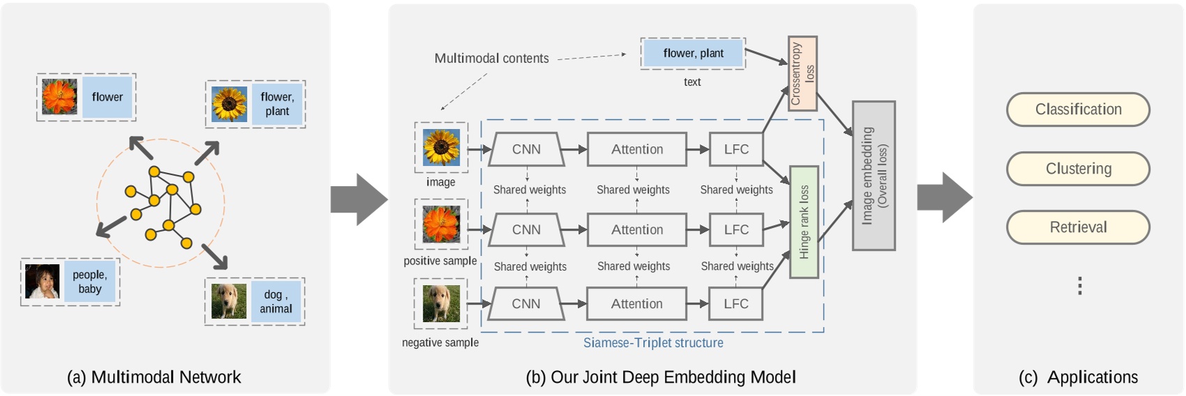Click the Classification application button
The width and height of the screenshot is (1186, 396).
coord(1078,109)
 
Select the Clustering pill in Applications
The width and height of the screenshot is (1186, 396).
coord(1078,169)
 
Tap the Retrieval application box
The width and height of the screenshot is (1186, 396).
coord(1078,227)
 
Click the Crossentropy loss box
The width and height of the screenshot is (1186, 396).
coord(802,73)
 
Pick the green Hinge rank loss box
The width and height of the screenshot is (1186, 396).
coord(804,222)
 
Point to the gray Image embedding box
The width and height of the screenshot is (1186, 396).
coord(873,176)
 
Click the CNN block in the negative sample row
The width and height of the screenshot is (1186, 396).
coord(526,304)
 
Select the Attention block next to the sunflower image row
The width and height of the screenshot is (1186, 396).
coord(637,149)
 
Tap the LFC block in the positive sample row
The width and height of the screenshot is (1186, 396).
coord(736,229)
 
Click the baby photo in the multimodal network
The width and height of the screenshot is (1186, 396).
coord(43,282)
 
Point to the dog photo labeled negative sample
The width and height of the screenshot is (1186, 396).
coord(441,303)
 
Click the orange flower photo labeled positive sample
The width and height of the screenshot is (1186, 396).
coord(441,224)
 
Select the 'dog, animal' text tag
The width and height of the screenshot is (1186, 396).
coord(276,302)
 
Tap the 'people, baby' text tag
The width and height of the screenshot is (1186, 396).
coord(90,282)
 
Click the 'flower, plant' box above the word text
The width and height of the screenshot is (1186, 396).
coord(693,54)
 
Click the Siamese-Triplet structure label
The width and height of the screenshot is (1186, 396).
coord(653,343)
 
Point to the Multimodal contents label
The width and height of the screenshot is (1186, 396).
coord(491,59)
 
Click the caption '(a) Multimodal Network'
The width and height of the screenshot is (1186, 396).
coord(153,377)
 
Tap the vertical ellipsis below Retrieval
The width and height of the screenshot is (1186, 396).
coord(1079,286)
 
